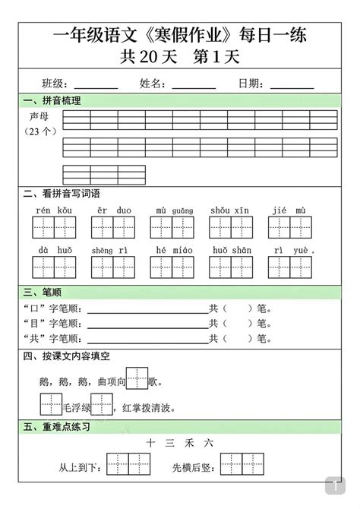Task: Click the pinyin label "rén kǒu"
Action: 54,210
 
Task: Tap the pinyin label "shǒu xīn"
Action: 230,210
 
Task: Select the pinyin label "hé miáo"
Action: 170,249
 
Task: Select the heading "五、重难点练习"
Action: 58,427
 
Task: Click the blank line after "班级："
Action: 96,87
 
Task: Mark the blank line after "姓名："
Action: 194,87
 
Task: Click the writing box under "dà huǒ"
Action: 54,267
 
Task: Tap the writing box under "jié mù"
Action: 289,228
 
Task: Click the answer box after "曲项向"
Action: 137,377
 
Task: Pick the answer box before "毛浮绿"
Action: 50,404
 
